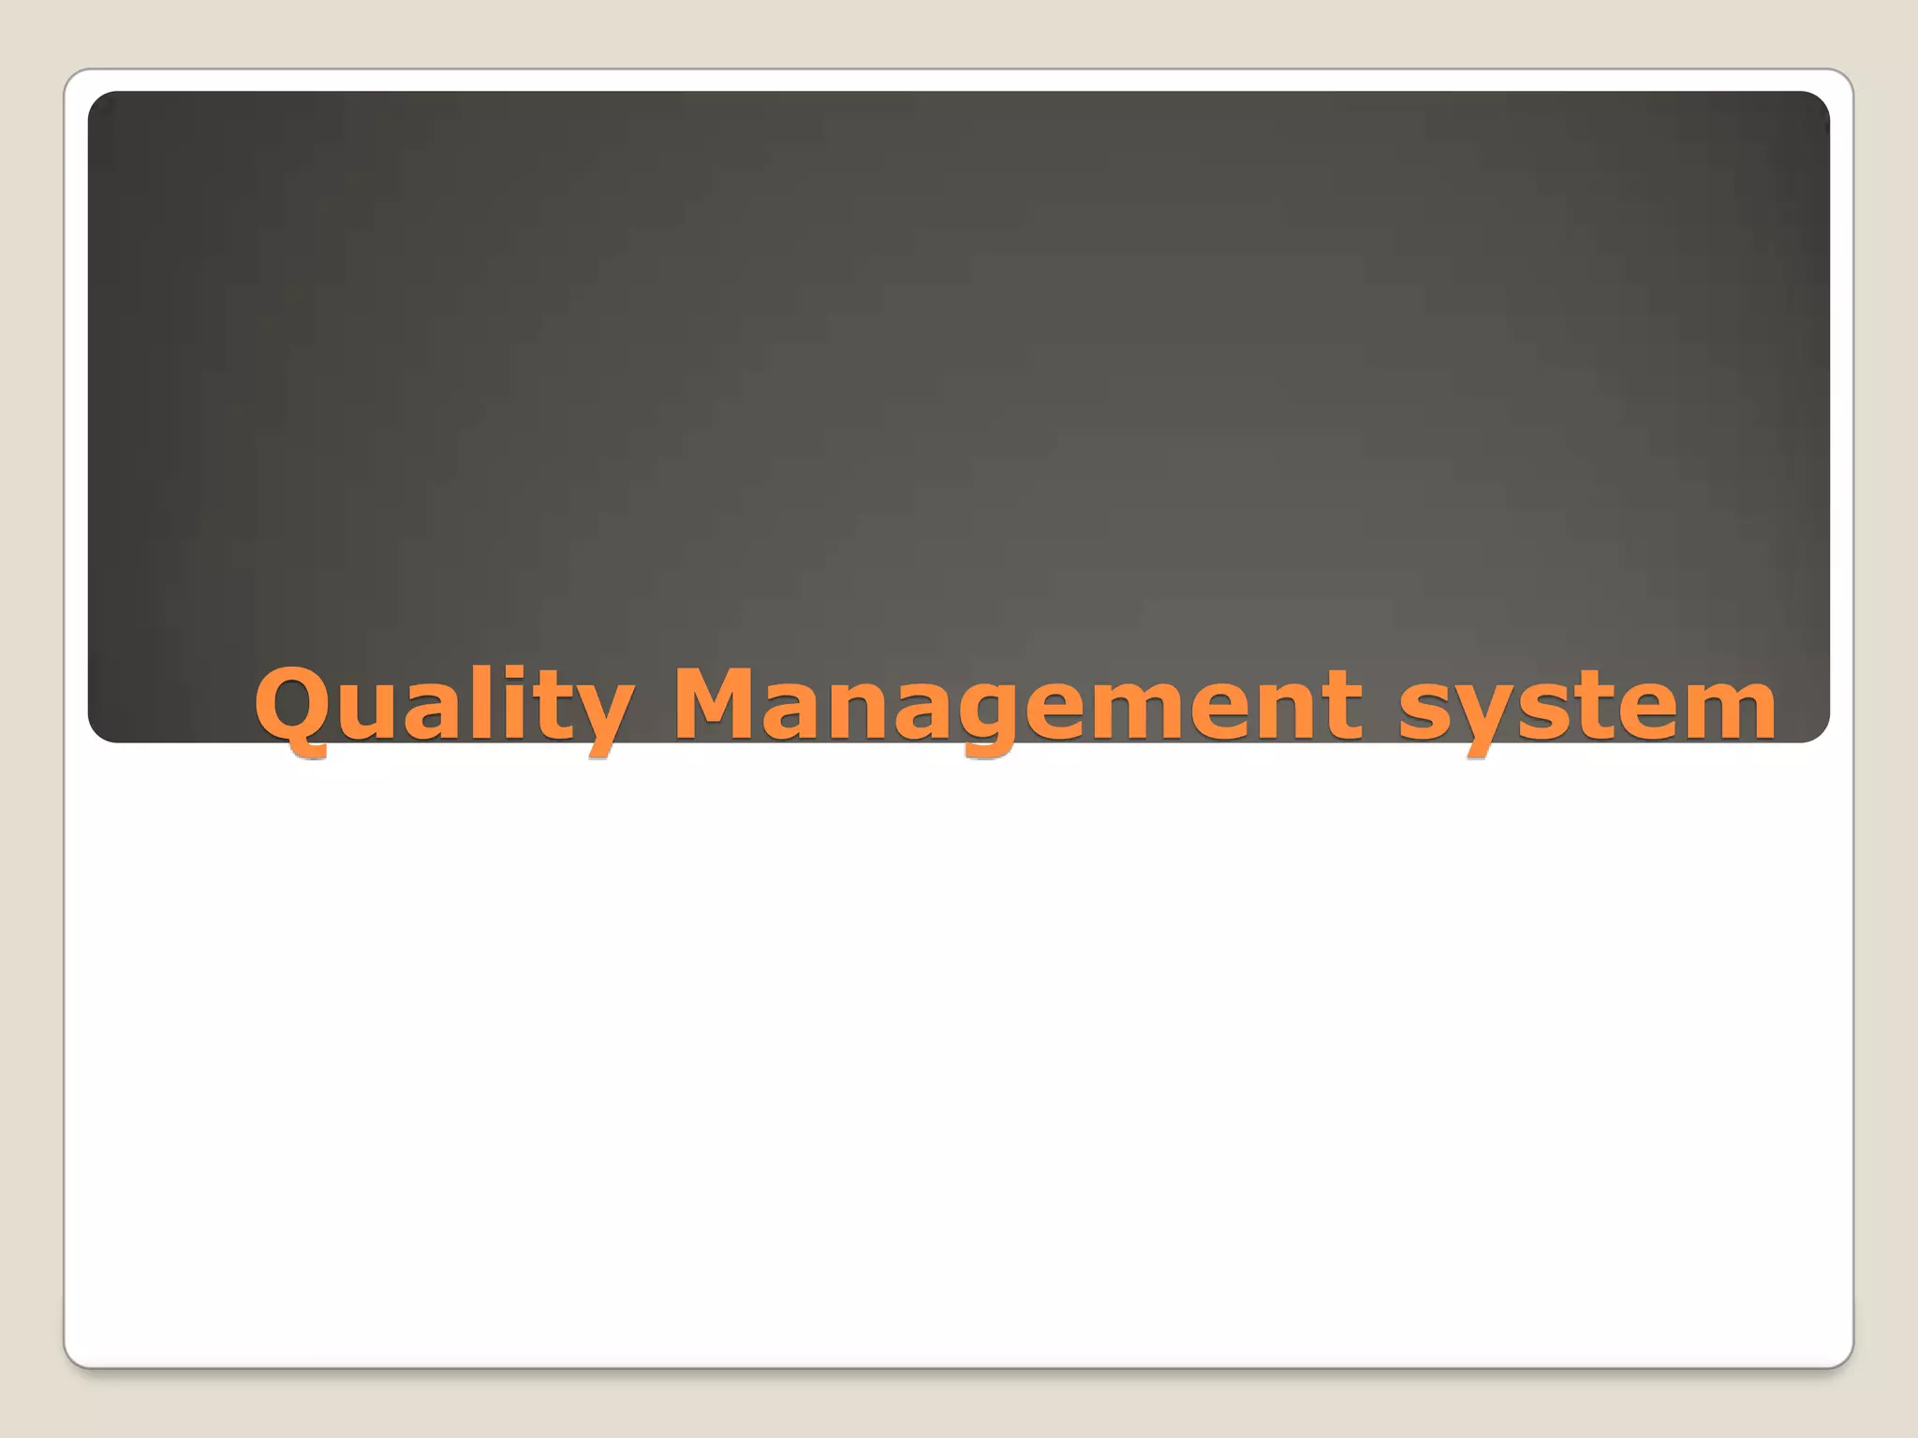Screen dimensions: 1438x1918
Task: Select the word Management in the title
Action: pyautogui.click(x=1016, y=704)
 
